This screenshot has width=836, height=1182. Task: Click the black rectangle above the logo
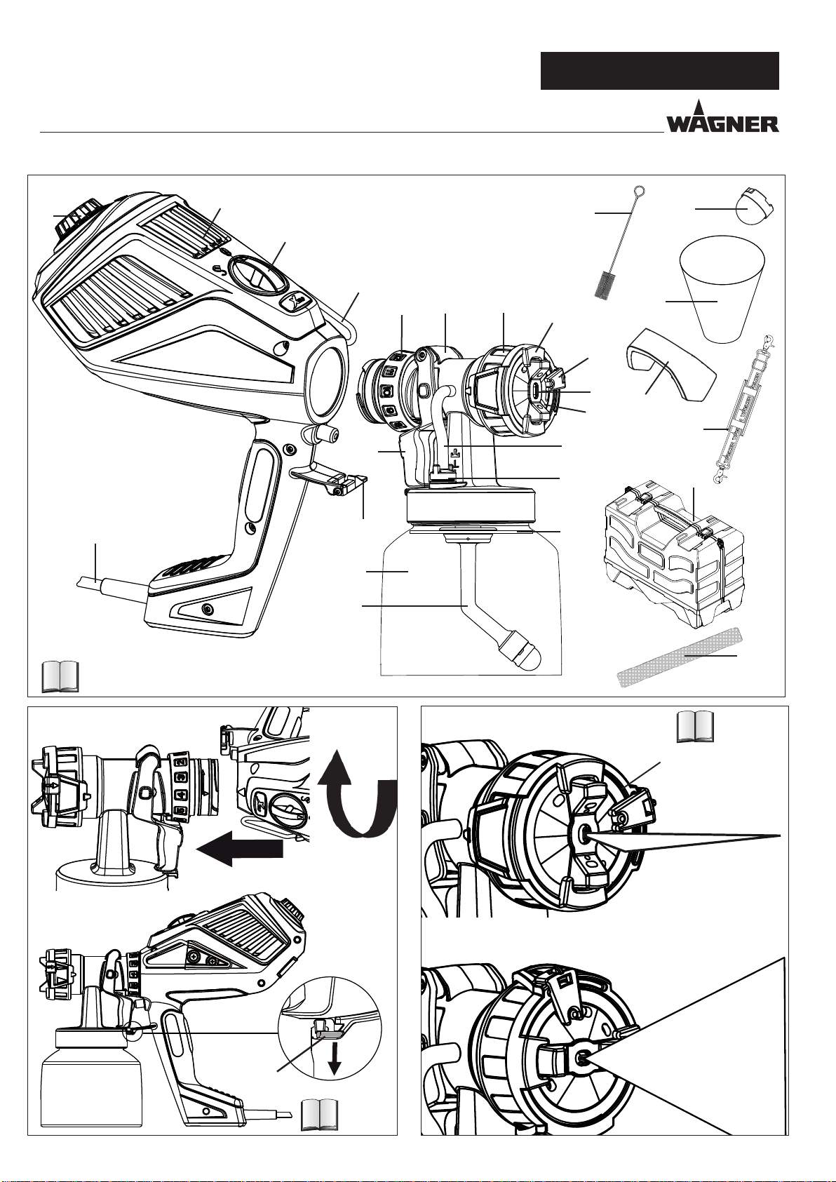[x=660, y=71]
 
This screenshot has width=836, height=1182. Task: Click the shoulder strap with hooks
[x=739, y=410]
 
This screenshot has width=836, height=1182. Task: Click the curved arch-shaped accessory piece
[x=671, y=365]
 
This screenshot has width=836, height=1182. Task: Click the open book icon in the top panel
[x=60, y=676]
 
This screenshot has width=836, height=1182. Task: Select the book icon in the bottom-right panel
[x=696, y=726]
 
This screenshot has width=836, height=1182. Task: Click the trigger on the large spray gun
[x=329, y=479]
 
